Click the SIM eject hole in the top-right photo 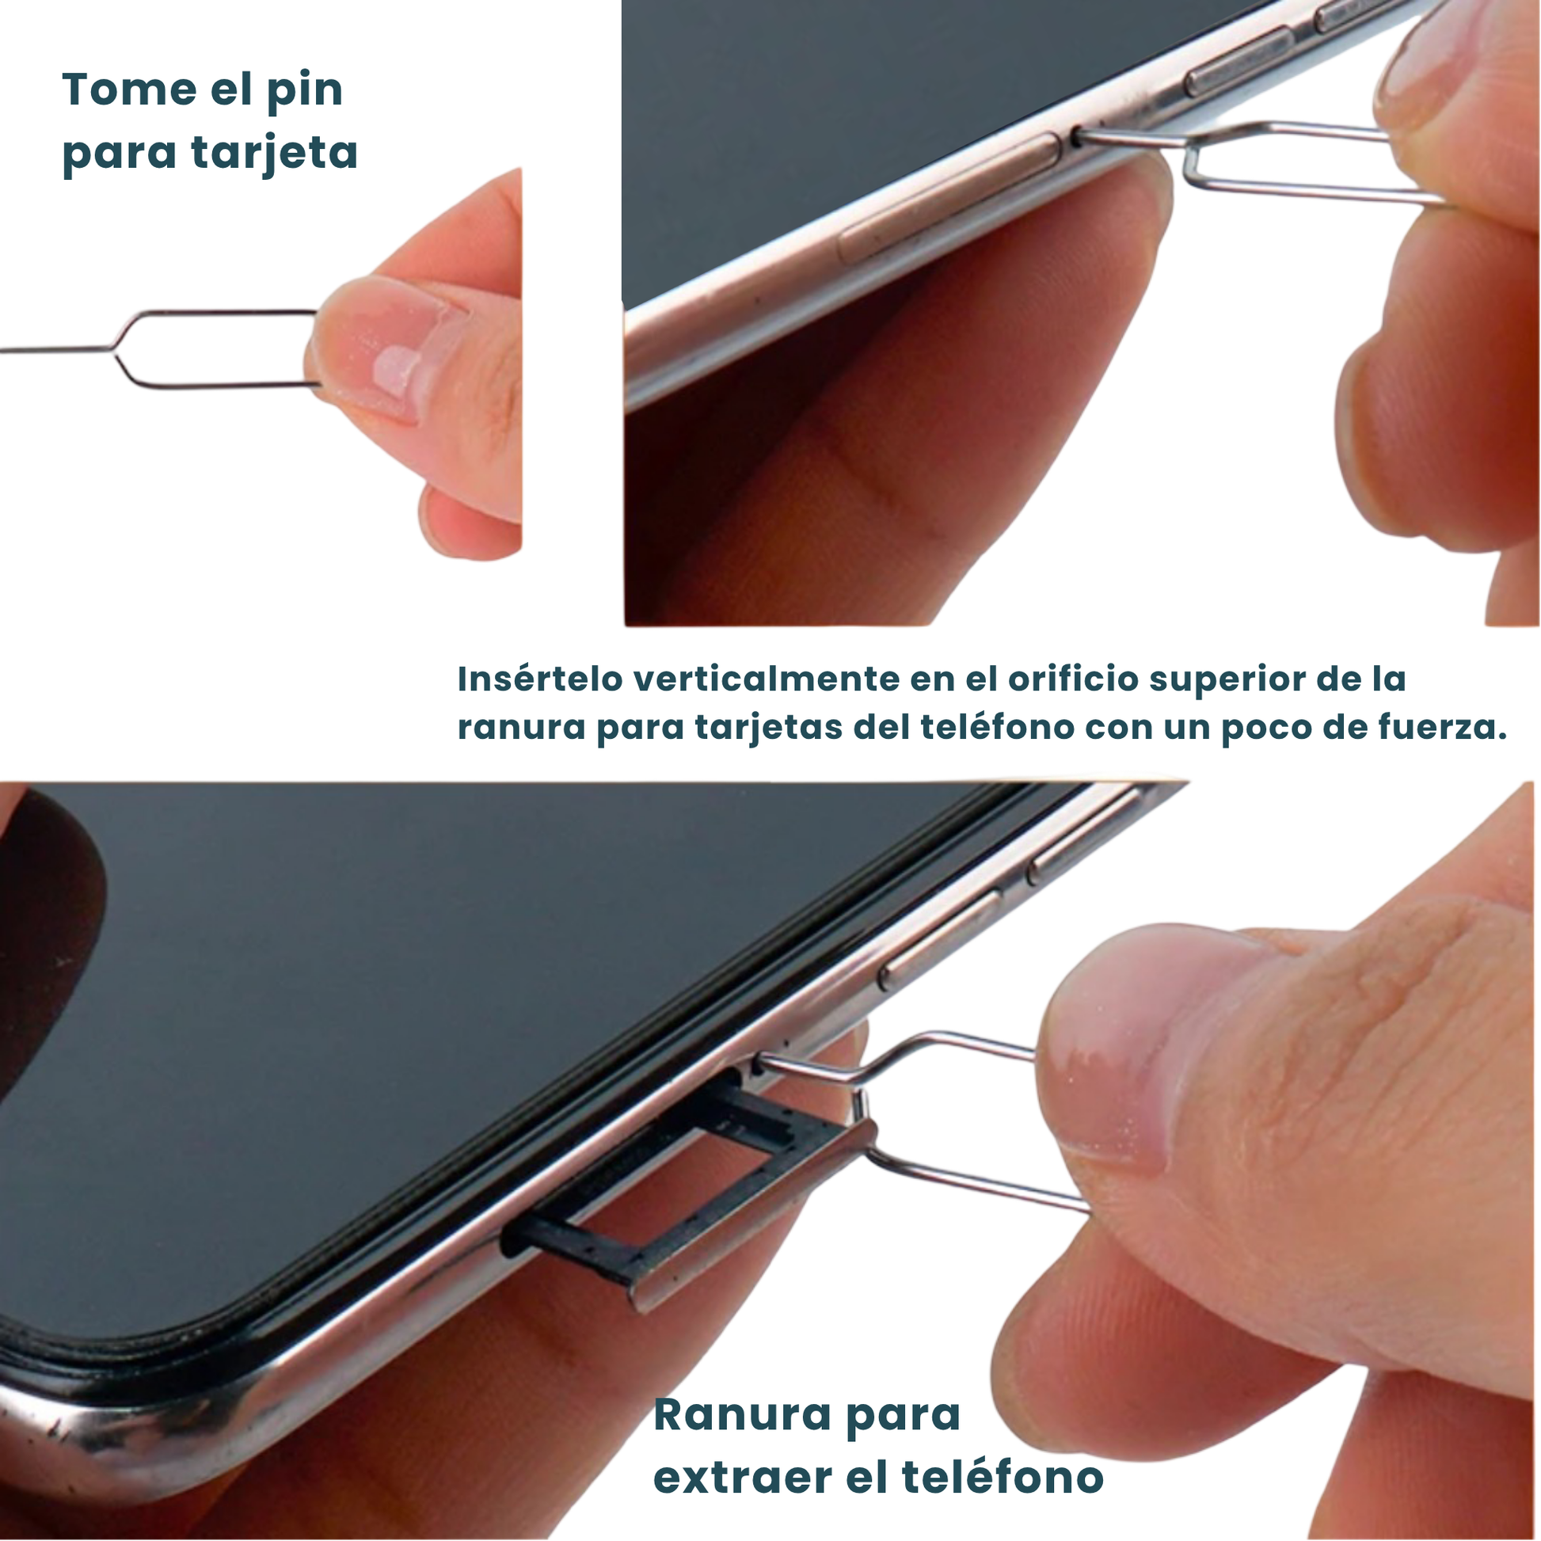point(1077,136)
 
